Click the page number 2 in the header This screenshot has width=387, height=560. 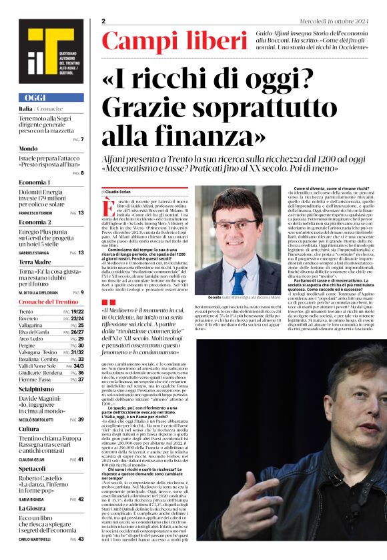104,21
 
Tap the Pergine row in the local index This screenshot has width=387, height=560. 28,346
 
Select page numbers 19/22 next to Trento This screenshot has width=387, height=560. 77,312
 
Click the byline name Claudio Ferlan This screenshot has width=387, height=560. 118,190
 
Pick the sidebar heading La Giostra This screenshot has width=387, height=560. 33,509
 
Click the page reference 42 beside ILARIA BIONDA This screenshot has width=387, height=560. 81,499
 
